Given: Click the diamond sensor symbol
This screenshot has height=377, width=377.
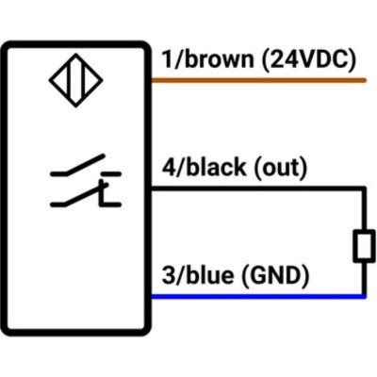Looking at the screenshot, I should click(76, 83).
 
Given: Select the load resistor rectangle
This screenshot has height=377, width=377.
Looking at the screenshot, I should click(363, 248).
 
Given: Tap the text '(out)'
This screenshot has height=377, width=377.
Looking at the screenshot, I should click(280, 170).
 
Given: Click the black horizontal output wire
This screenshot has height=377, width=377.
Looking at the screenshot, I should click(254, 188).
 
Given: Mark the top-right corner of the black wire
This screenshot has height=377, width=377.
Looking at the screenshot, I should click(364, 188).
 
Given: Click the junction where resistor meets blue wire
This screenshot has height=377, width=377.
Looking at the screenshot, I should click(364, 295).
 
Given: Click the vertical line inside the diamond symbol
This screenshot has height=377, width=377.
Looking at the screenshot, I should click(76, 83).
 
